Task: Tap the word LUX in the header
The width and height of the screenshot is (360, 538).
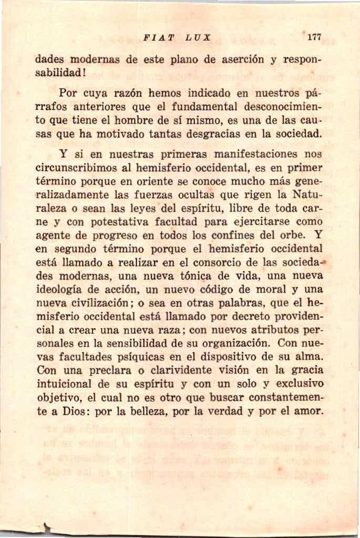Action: (x=198, y=38)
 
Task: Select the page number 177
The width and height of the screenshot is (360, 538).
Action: (x=314, y=37)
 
